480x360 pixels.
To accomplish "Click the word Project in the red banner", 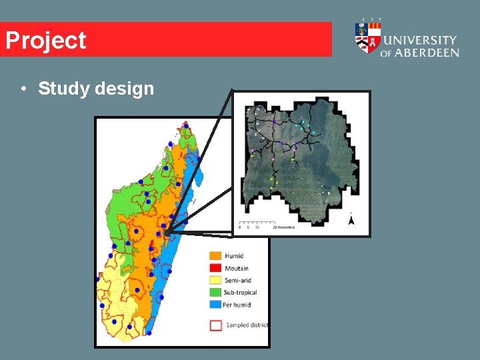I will [46, 41].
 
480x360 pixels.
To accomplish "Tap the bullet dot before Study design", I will [23, 89].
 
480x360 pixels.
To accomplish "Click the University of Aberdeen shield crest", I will [367, 39].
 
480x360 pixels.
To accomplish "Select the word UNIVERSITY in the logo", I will [420, 41].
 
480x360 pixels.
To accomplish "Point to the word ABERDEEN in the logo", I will [427, 53].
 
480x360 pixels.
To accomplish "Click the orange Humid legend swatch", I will [215, 256].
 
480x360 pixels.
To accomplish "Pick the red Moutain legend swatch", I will [215, 268].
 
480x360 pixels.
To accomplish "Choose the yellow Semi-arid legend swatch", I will [215, 281].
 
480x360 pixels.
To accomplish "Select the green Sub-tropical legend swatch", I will [215, 293].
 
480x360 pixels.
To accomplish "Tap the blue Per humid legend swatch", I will [215, 305].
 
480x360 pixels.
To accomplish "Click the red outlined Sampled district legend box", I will [215, 325].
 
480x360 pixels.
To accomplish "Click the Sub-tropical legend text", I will [241, 293].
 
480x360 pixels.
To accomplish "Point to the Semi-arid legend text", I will [238, 281].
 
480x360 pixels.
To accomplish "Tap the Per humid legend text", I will [237, 305].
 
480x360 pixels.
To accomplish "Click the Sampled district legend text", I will [247, 325].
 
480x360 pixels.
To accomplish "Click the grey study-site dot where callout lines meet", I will [167, 232].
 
